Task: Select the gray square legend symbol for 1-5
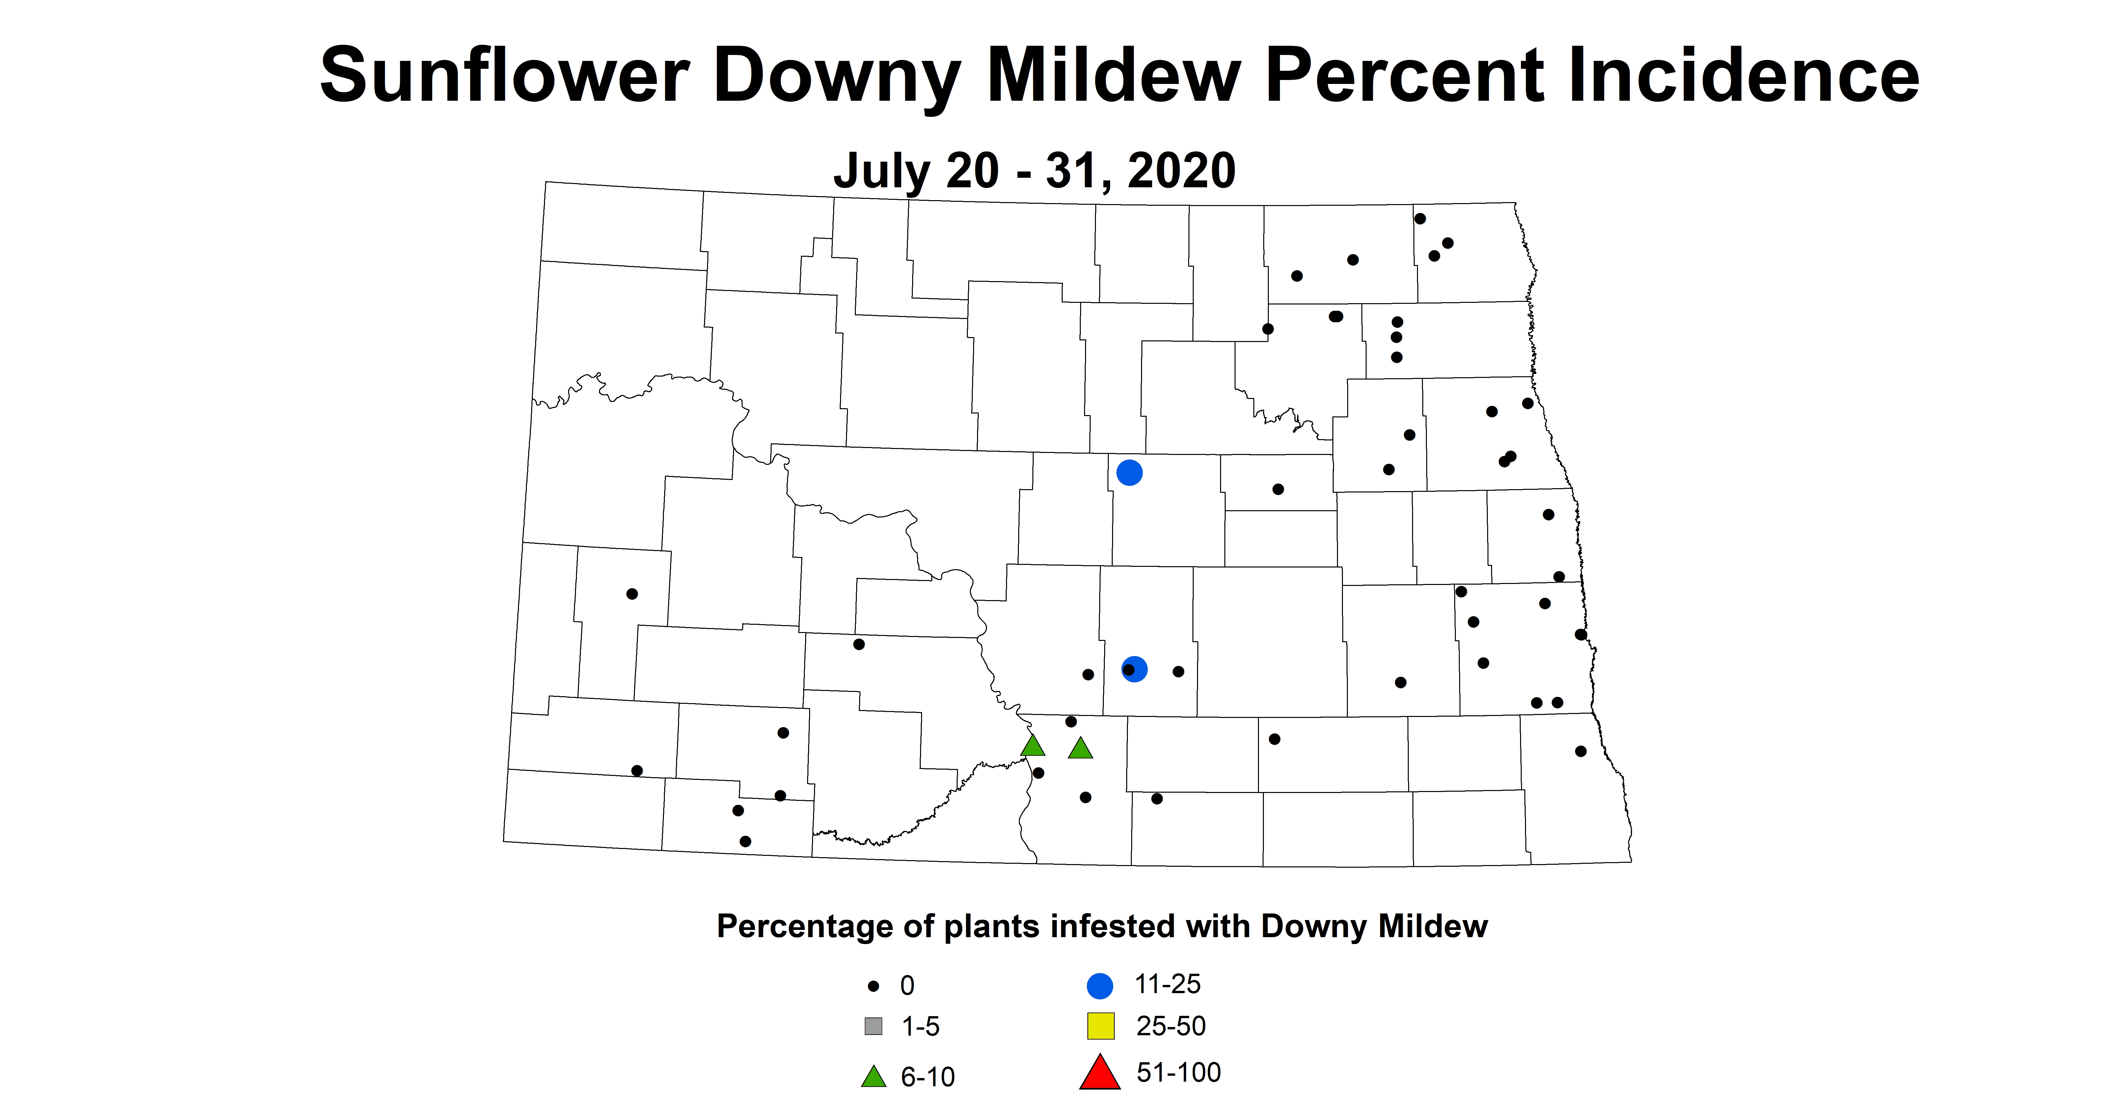point(873,1026)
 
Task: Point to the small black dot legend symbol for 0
point(873,986)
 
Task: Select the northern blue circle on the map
point(1129,473)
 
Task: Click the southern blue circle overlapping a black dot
point(1135,669)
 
